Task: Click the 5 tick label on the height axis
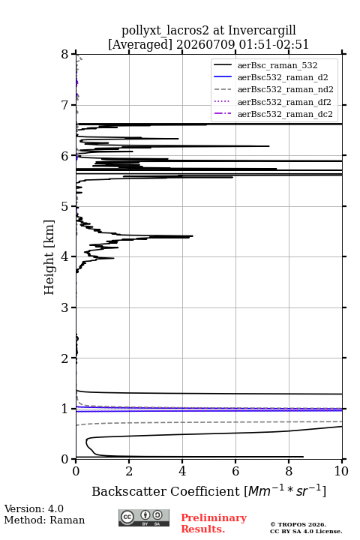(x=65, y=207)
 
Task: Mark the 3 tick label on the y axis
(x=65, y=307)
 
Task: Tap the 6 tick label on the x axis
(x=235, y=471)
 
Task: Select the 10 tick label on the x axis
(x=341, y=471)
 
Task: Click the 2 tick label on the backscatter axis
(x=129, y=471)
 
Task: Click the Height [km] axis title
(x=49, y=257)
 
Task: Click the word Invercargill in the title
(x=262, y=30)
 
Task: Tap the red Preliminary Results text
(x=214, y=523)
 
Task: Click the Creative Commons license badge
(x=144, y=518)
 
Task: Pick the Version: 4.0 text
(x=34, y=508)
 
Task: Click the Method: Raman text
(x=44, y=520)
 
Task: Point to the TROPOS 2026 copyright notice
(x=298, y=524)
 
